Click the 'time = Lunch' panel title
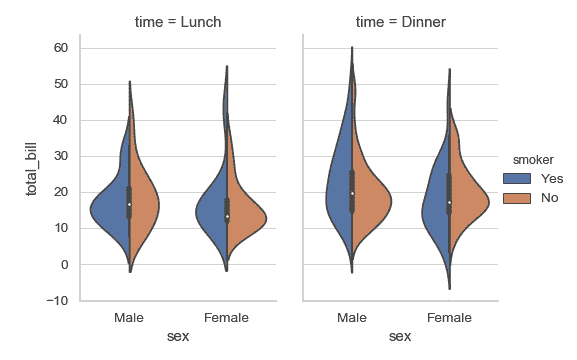178,21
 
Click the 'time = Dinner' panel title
399,21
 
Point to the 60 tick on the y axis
60,48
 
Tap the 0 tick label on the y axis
64,264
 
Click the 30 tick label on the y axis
60,156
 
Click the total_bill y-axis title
31,174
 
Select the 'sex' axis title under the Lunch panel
178,338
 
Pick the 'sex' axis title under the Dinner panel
399,338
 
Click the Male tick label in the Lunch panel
129,318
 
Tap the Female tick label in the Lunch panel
227,318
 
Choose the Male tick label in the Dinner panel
351,318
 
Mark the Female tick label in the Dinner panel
449,318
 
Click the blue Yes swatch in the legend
517,178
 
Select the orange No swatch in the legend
517,197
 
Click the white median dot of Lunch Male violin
129,204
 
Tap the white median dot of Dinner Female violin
449,202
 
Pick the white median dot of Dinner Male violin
351,193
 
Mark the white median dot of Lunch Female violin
227,216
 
